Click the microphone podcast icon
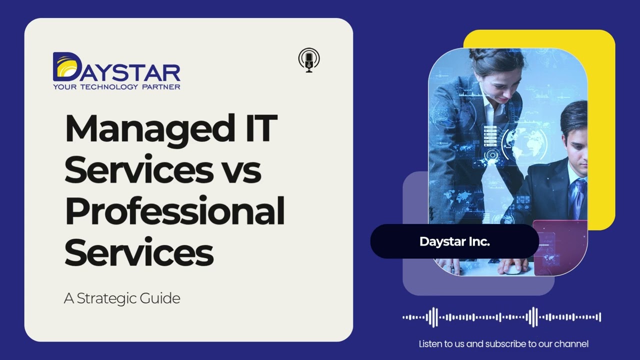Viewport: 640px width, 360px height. coord(309,60)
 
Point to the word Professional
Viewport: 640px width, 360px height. coord(174,211)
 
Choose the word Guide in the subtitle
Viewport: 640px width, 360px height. coord(162,298)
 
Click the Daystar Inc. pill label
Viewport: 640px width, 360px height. coord(454,241)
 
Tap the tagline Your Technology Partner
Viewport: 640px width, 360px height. coord(116,86)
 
